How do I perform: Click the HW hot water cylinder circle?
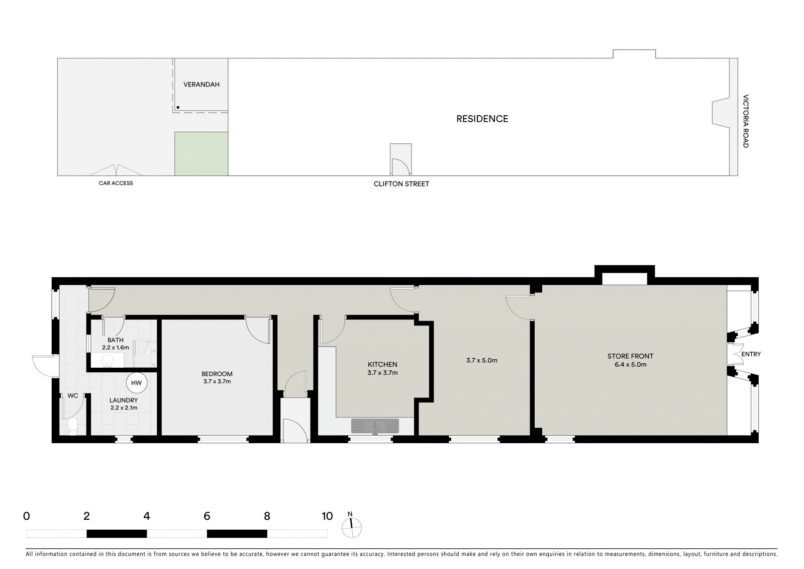pyautogui.click(x=136, y=383)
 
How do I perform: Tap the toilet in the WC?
pyautogui.click(x=73, y=427)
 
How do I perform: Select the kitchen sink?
pyautogui.click(x=375, y=426)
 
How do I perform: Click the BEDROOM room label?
pyautogui.click(x=217, y=374)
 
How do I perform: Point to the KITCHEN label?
pyautogui.click(x=382, y=364)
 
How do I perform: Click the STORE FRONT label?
pyautogui.click(x=630, y=356)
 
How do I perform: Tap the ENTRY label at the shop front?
pyautogui.click(x=751, y=354)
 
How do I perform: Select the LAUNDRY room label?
pyautogui.click(x=124, y=400)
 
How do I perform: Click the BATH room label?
pyautogui.click(x=115, y=340)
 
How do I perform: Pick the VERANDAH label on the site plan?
pyautogui.click(x=202, y=85)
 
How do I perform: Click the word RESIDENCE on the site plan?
pyautogui.click(x=482, y=119)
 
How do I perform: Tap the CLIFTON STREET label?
pyautogui.click(x=401, y=184)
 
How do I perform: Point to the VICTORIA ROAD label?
pyautogui.click(x=746, y=121)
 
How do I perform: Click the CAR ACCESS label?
pyautogui.click(x=116, y=183)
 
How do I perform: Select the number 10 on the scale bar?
pyautogui.click(x=327, y=516)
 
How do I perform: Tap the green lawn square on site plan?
pyautogui.click(x=202, y=154)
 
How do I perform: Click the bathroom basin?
pyautogui.click(x=107, y=360)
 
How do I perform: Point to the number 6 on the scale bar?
pyautogui.click(x=207, y=516)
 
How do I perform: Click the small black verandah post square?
pyautogui.click(x=178, y=108)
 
